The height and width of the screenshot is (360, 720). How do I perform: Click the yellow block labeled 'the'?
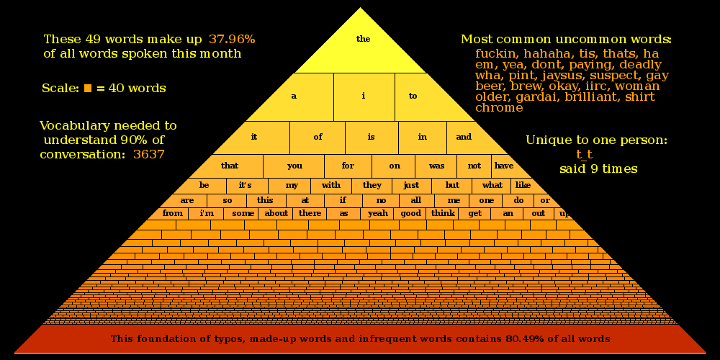pos(363,40)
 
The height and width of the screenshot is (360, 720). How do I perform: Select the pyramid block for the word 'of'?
pos(318,137)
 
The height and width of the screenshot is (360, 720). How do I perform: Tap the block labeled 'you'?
pos(294,166)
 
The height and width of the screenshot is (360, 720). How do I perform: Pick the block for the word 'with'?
pos(331,185)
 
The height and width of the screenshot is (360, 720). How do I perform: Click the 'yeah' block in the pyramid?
pos(378,213)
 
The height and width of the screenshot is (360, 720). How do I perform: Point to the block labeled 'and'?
pos(464,137)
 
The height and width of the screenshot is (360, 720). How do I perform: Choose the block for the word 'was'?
pos(436,166)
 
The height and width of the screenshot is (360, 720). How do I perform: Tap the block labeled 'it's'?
pos(245,185)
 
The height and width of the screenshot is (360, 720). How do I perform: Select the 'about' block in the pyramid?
pos(276,213)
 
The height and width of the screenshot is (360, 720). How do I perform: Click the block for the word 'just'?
pos(411,185)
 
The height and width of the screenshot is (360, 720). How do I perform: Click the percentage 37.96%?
pos(232,39)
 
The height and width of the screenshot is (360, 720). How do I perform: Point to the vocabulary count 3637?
pos(149,154)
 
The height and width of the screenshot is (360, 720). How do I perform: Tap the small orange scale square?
pos(88,89)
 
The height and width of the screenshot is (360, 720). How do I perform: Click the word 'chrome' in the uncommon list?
pos(499,108)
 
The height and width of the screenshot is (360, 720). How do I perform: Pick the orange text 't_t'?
pos(584,154)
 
